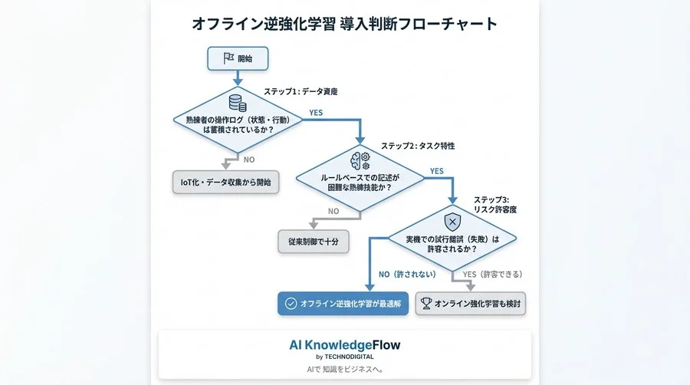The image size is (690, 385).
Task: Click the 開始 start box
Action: pyautogui.click(x=237, y=58)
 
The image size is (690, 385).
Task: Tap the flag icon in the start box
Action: pyautogui.click(x=228, y=58)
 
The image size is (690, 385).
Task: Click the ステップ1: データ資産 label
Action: pyautogui.click(x=301, y=91)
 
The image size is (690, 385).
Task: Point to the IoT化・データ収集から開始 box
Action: pyautogui.click(x=225, y=183)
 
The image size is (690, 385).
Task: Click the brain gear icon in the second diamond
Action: pyautogui.click(x=360, y=160)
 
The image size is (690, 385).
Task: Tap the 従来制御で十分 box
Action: pyautogui.click(x=314, y=241)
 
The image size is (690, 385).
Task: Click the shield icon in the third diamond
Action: pyautogui.click(x=452, y=222)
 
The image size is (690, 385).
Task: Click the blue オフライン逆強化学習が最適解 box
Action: pyautogui.click(x=341, y=303)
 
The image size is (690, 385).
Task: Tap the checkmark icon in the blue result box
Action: pyautogui.click(x=291, y=303)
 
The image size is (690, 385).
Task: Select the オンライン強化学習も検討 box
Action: pyautogui.click(x=471, y=303)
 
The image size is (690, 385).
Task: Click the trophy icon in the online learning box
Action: pyautogui.click(x=426, y=303)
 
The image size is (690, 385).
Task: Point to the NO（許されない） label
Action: pyautogui.click(x=406, y=275)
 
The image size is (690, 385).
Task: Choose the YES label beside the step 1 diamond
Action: pyautogui.click(x=315, y=112)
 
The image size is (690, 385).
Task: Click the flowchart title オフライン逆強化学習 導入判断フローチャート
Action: pyautogui.click(x=344, y=23)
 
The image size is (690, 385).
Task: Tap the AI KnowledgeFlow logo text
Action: pyautogui.click(x=344, y=345)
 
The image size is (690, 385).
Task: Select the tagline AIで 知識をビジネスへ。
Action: pyautogui.click(x=344, y=369)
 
